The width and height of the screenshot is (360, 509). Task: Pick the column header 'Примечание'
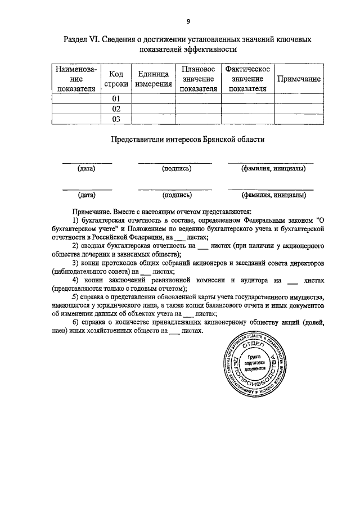(299, 79)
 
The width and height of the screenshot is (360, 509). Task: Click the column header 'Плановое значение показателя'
(199, 79)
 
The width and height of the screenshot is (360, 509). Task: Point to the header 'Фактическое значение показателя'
(247, 79)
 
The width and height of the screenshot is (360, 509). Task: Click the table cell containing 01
(116, 98)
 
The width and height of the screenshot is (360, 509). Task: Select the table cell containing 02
(116, 109)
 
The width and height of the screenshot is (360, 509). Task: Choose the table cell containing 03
(116, 119)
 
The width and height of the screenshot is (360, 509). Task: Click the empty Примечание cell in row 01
(299, 98)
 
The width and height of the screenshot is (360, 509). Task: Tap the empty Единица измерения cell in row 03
(153, 119)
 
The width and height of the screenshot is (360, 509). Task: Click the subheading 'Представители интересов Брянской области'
(188, 138)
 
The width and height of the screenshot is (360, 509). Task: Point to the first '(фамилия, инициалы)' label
(273, 168)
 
